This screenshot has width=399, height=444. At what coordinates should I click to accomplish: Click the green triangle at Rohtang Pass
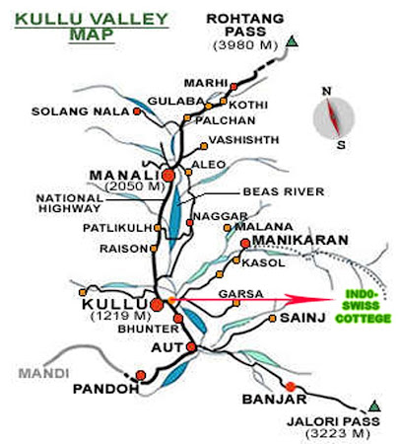click(x=293, y=41)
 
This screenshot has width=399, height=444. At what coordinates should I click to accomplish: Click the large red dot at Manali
click(x=167, y=175)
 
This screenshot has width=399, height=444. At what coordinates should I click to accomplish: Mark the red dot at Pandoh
click(x=141, y=374)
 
